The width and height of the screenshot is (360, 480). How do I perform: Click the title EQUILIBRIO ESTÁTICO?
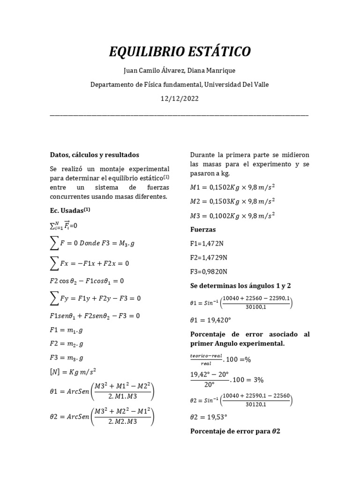tap(180, 52)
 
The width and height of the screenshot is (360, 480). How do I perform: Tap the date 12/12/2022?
tap(180, 99)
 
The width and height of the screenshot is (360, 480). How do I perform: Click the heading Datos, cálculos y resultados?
tap(94, 155)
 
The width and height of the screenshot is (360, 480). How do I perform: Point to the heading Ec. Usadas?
tap(70, 210)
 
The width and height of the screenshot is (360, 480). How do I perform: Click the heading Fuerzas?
tap(203, 230)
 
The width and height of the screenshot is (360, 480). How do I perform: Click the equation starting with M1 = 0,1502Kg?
tap(232, 187)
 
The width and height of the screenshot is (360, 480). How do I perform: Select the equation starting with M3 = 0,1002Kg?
tap(232, 216)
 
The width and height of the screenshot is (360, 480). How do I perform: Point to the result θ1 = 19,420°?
tap(212, 321)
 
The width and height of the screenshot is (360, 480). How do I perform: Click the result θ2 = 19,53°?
tap(210, 416)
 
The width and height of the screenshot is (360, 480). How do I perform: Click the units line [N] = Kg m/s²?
tap(72, 371)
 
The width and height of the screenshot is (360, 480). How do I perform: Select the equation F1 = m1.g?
tap(67, 330)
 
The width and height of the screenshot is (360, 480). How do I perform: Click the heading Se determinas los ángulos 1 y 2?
tap(241, 285)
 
